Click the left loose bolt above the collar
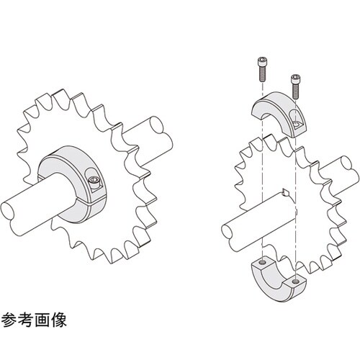pyautogui.click(x=262, y=70)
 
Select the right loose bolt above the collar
pyautogui.click(x=296, y=86)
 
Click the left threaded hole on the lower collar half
pyautogui.click(x=264, y=262)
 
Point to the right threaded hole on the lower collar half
pyautogui.click(x=297, y=281)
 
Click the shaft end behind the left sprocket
pyautogui.click(x=156, y=125)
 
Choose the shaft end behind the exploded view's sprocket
pyautogui.click(x=346, y=163)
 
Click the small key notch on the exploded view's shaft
pyautogui.click(x=286, y=192)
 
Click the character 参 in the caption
pyautogui.click(x=9, y=320)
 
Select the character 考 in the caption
pyautogui.click(x=26, y=320)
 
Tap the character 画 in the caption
pyautogui.click(x=42, y=320)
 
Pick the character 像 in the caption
pyautogui.click(x=58, y=320)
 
